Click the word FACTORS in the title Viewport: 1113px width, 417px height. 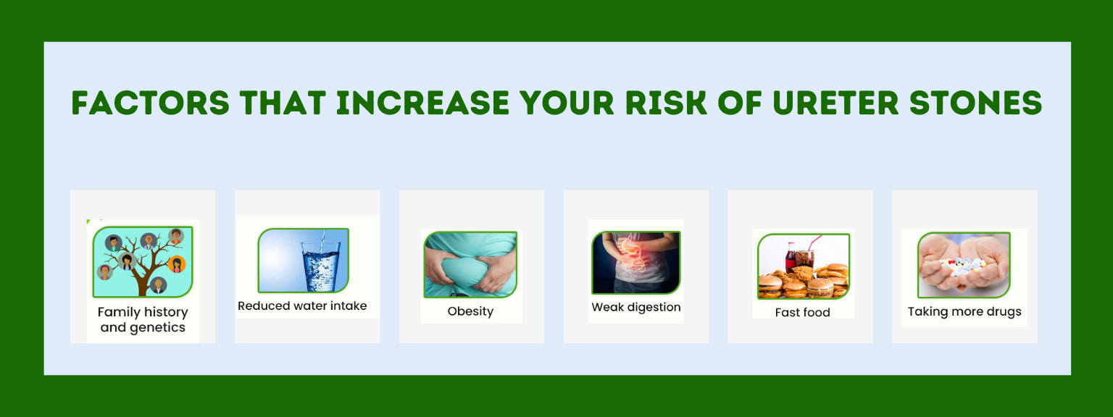coord(151,104)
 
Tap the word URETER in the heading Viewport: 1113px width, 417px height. coord(835,104)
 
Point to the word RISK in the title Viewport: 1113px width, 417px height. coord(666,104)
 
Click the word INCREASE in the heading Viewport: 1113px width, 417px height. coord(423,104)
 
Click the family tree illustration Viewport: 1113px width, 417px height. coord(143,261)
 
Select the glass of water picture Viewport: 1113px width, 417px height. coord(303,260)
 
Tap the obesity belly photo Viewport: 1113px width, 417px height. coord(470,264)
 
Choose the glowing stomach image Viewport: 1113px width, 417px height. coord(635,263)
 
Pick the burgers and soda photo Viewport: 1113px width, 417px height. coord(803,266)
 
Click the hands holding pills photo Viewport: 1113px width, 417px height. coord(964,265)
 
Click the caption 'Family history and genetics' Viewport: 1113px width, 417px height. coord(143,320)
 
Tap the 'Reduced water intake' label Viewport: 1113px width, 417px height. coord(302,306)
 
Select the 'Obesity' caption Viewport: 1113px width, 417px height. coord(470,312)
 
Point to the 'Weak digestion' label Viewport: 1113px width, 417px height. coord(636,307)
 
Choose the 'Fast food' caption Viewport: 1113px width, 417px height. coord(802,312)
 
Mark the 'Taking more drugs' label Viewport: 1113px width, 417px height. coord(964,312)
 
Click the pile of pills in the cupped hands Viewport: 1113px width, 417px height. coord(964,266)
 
